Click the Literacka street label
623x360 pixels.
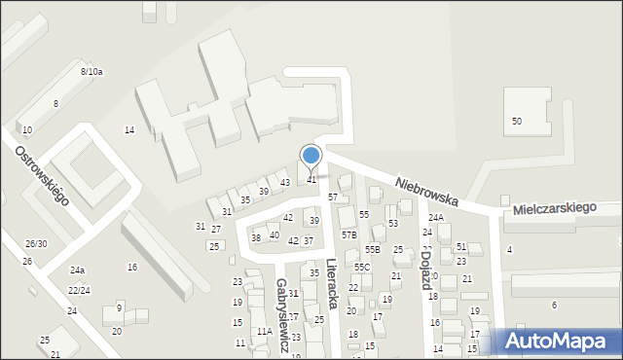(333, 283)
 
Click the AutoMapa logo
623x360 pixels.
(558, 342)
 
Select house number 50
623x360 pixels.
(517, 121)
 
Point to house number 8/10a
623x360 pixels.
(92, 72)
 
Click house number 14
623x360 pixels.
(129, 129)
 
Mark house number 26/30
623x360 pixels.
(36, 243)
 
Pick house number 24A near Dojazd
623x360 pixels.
(435, 218)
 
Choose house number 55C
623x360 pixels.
(361, 268)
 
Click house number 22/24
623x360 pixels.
(79, 291)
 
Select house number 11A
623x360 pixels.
(263, 332)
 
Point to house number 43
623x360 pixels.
(285, 183)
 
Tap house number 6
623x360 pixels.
(554, 306)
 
